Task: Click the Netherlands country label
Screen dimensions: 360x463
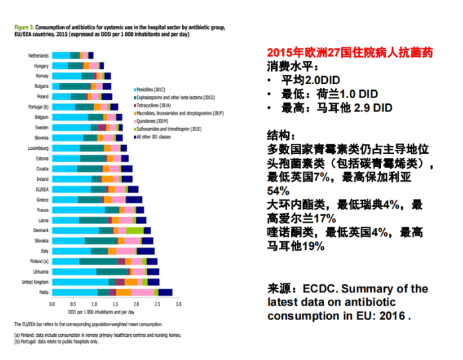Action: [x=38, y=56]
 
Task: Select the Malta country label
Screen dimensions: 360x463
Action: [x=44, y=292]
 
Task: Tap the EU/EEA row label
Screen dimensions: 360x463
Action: [x=41, y=190]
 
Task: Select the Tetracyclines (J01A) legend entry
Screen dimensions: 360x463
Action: [x=156, y=105]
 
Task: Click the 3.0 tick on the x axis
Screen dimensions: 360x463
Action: [x=178, y=304]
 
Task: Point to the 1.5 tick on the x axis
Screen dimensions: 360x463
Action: [x=115, y=304]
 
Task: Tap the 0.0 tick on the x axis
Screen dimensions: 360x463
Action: [x=52, y=304]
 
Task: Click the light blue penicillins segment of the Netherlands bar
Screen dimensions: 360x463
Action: [x=61, y=56]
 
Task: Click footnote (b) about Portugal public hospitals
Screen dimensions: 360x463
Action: [x=56, y=342]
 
